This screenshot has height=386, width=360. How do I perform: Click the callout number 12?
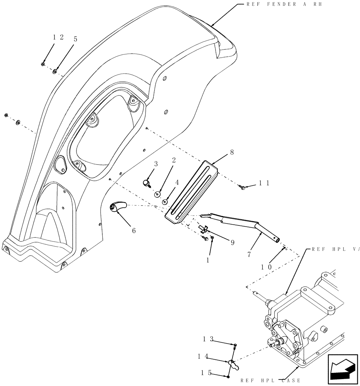58,37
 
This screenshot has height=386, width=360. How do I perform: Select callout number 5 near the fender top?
75,39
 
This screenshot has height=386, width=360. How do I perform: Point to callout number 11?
264,184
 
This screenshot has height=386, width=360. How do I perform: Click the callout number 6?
134,230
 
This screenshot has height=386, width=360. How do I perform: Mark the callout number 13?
208,339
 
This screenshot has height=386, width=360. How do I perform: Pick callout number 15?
208,373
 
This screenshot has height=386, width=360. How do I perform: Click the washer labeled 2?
157,193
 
